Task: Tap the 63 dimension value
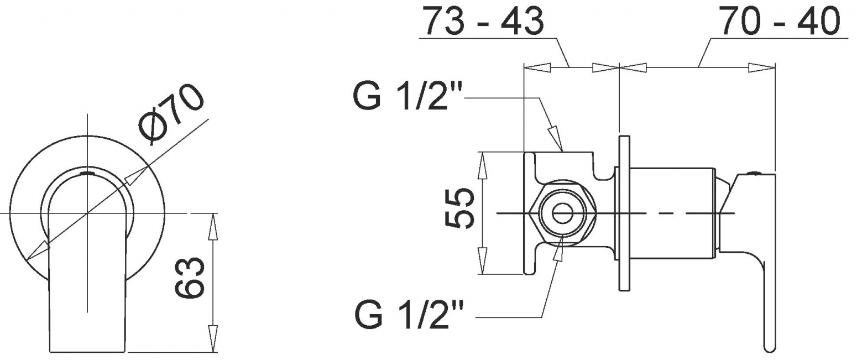(x=190, y=278)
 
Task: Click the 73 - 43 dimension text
(x=484, y=21)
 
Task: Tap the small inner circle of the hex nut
(x=562, y=213)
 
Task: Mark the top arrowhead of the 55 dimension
(x=483, y=164)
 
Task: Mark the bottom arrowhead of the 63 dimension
(x=213, y=338)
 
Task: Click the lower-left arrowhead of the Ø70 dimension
(x=38, y=250)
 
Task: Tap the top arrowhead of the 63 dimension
(x=213, y=227)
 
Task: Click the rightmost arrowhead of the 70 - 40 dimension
(x=761, y=67)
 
